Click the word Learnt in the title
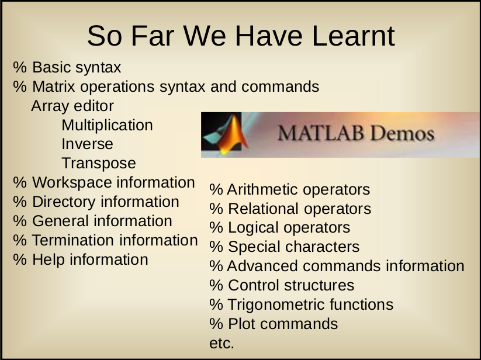pos(354,36)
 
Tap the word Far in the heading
pos(153,36)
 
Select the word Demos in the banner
pos(402,134)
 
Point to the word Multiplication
pos(107,126)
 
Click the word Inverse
pos(87,144)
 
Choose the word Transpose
pos(98,164)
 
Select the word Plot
pos(241,324)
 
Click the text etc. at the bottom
pos(222,343)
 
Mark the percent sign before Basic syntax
pos(20,67)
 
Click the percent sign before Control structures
pos(216,285)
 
